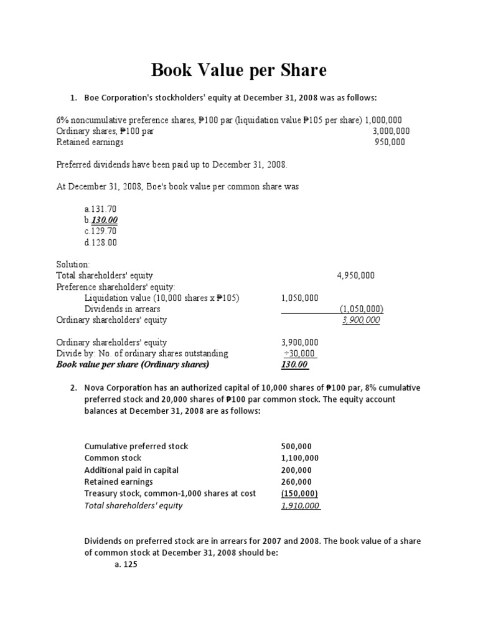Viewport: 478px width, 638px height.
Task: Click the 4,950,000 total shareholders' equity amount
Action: tap(355, 275)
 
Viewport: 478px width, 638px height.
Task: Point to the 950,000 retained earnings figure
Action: tap(390, 142)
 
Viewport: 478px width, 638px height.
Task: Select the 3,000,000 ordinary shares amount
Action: tap(391, 131)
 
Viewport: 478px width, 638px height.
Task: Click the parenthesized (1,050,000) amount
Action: tap(361, 309)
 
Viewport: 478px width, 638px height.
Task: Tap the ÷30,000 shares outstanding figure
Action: tap(299, 353)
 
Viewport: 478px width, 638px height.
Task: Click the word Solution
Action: tap(73, 264)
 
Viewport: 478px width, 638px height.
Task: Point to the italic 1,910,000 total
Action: tap(301, 505)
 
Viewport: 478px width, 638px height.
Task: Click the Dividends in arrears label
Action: tap(122, 309)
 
